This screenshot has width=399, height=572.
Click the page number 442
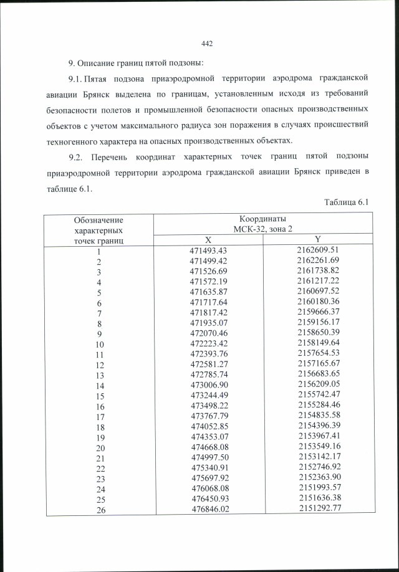(x=208, y=43)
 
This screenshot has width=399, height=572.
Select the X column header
(x=208, y=240)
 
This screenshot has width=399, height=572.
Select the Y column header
(x=317, y=240)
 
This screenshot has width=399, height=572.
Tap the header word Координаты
(x=262, y=219)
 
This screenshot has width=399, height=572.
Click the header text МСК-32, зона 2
(x=262, y=229)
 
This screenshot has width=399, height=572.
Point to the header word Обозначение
(x=99, y=219)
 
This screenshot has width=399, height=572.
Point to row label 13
(x=99, y=375)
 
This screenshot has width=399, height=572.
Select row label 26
(x=99, y=509)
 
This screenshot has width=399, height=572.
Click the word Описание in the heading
(x=100, y=64)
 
